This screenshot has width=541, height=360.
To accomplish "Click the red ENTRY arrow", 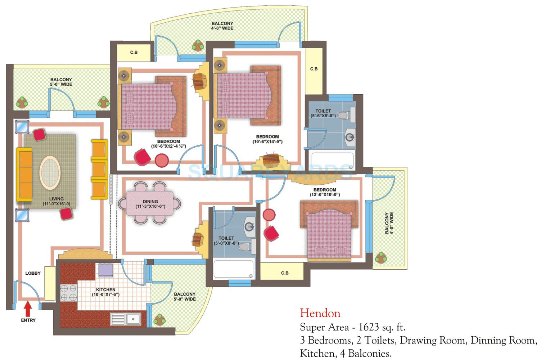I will (28, 309).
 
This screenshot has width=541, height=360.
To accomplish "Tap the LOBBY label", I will (33, 273).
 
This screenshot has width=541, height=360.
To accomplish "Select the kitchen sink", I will (126, 319).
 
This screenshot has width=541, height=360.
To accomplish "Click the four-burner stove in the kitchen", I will (68, 292).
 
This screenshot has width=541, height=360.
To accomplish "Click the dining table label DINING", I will (150, 202).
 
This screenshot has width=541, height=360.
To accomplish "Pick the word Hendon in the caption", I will (320, 313).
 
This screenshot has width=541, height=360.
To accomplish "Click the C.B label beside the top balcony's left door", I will (134, 53).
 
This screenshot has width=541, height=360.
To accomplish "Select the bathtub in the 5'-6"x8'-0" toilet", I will (332, 161).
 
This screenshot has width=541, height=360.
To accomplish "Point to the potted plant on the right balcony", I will (380, 257).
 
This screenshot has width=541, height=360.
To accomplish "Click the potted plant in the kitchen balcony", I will (159, 319).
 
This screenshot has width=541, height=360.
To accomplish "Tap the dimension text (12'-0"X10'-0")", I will (325, 195).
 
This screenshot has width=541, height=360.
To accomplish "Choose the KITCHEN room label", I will (105, 289).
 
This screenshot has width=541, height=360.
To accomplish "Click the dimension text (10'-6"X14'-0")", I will (267, 142).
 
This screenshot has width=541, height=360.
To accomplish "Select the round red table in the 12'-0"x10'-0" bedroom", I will (269, 215).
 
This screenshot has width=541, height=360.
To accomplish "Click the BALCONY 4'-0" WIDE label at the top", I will (222, 26).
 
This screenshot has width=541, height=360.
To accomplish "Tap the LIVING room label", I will (56, 199).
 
